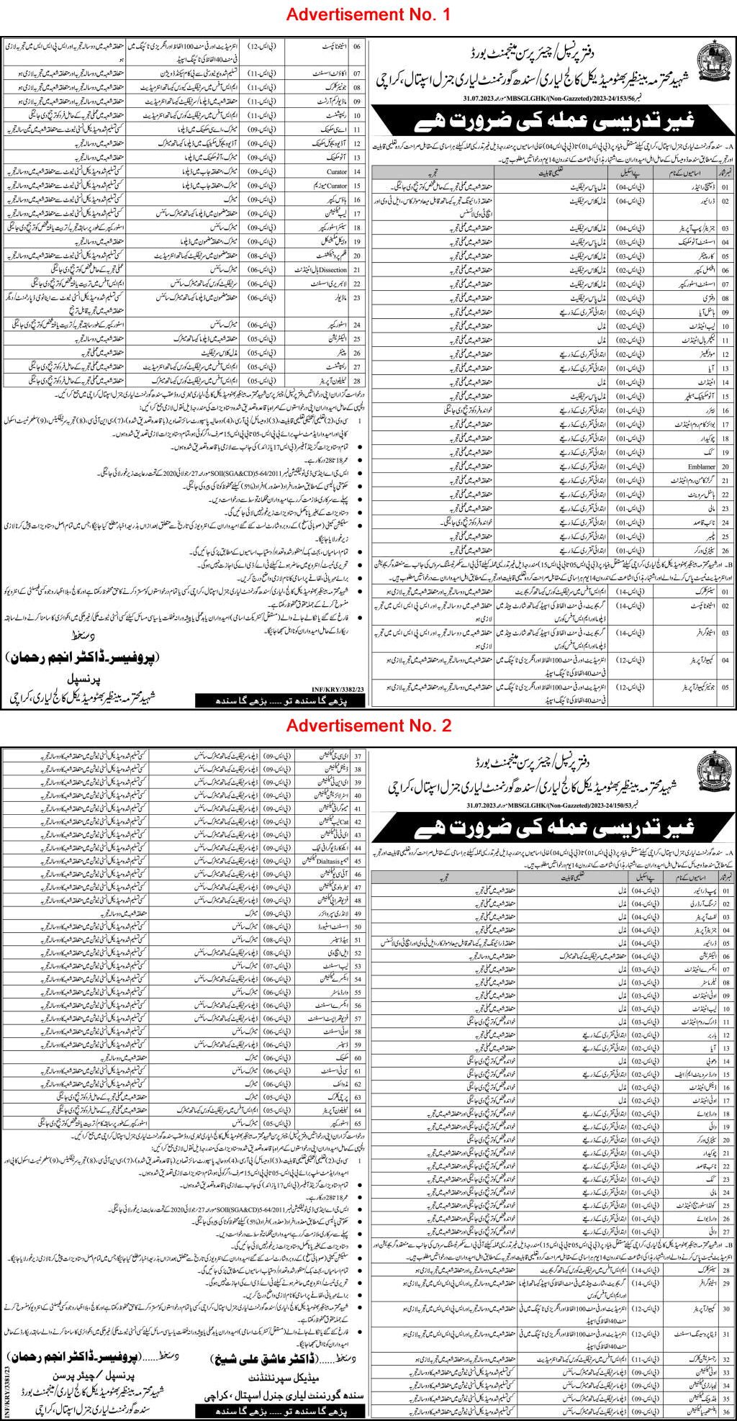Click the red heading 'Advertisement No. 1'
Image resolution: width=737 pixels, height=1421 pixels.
click(x=368, y=14)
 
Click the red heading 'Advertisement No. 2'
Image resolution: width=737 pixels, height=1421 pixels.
click(x=368, y=726)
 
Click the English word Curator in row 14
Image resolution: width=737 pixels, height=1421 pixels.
click(x=336, y=172)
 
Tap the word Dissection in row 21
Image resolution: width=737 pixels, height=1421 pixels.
click(x=331, y=269)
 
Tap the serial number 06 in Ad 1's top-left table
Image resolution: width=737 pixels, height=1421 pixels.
click(x=357, y=45)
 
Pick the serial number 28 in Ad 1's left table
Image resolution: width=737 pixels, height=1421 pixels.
click(x=357, y=380)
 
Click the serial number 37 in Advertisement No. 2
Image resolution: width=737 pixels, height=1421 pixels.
click(x=357, y=757)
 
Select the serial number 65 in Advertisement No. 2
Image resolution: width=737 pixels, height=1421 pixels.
click(x=357, y=1122)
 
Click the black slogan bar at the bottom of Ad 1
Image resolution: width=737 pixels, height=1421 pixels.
click(x=281, y=700)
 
